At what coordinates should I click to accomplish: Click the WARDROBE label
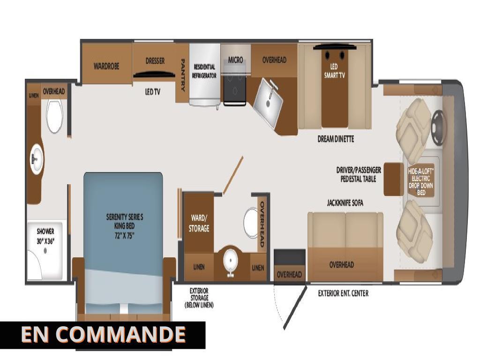pos(106,66)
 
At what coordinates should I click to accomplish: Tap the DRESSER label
pos(155,61)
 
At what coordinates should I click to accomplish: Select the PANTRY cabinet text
pos(183,75)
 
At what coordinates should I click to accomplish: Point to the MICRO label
pos(235,60)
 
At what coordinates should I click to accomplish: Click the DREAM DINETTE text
pos(336,139)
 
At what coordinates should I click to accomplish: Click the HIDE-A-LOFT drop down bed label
pos(421,182)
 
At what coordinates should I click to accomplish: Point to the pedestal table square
pos(393,179)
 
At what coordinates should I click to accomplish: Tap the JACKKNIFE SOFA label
pos(345,203)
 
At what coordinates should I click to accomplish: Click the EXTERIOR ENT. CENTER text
pos(343,293)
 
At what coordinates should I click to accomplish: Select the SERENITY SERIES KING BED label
pos(124,226)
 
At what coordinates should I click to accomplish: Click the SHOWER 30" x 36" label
pos(46,235)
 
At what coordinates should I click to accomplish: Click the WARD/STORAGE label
pos(199,223)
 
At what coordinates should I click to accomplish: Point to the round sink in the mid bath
pos(230,259)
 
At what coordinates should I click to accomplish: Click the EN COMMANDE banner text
pos(103,335)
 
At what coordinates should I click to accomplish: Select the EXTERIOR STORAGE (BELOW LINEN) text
pos(199,298)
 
